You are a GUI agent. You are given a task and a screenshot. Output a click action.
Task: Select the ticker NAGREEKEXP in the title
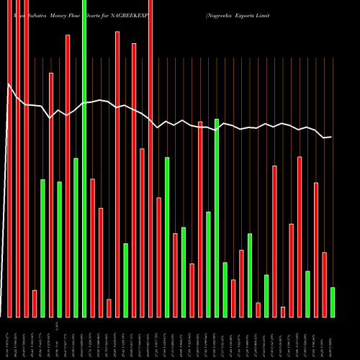(143, 14)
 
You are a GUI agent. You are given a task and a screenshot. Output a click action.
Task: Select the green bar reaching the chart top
(84, 158)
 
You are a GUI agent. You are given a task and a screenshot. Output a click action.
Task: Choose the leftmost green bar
(42, 248)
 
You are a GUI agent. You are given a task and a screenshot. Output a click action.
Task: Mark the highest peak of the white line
(9, 84)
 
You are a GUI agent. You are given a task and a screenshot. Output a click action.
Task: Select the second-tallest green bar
(217, 217)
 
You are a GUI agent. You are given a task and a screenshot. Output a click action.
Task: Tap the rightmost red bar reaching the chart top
(150, 158)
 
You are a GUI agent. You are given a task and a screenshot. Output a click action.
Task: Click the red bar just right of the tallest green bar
(92, 248)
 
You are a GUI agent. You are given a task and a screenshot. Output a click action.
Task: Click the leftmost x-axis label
(9, 338)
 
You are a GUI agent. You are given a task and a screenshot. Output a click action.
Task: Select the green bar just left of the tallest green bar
(76, 238)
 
